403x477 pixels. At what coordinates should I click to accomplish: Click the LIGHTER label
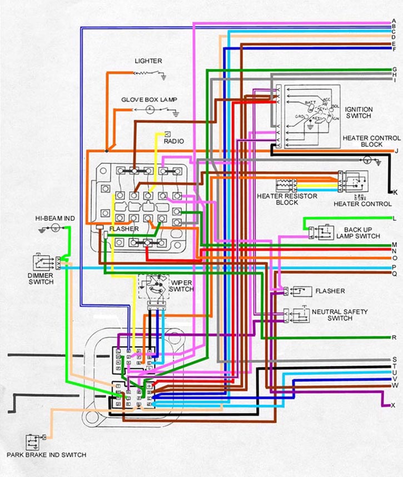148,61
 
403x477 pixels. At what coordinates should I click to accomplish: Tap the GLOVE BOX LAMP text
149,100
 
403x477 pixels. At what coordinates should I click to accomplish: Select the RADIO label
173,142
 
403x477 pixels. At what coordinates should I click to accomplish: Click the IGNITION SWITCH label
359,112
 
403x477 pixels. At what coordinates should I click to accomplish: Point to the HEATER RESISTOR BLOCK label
287,200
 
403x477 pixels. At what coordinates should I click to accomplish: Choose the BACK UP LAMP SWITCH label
358,233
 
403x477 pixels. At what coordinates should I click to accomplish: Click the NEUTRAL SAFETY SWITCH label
340,315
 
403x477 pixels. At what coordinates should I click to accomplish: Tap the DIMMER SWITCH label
41,279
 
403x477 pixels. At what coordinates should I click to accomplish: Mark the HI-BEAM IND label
54,218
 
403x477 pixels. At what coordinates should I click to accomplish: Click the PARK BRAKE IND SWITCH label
46,455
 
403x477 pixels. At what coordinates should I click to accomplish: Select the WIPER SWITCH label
181,286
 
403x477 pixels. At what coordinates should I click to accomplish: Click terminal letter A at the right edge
394,22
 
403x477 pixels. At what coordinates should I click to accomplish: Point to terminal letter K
395,192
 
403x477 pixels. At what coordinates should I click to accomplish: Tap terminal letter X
393,405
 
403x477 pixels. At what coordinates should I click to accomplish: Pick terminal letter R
394,337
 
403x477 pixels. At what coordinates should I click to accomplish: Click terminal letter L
394,218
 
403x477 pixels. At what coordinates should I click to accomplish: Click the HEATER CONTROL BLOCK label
371,141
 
